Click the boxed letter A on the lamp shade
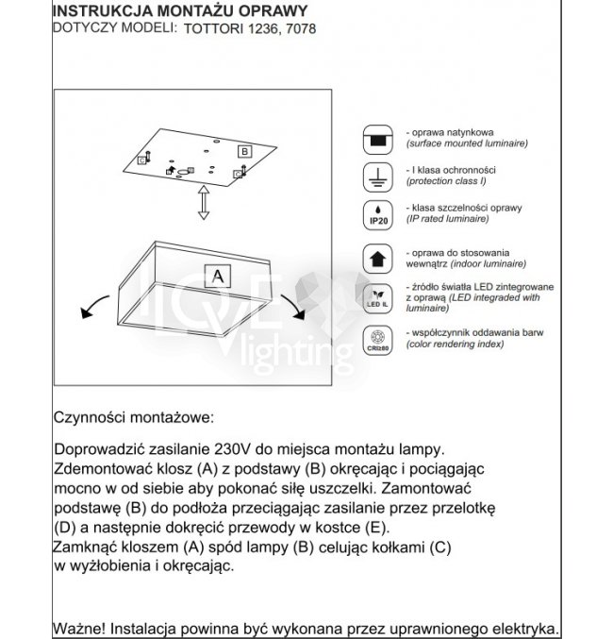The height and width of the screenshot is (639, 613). click(x=218, y=276)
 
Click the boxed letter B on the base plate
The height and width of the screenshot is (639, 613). click(x=243, y=151)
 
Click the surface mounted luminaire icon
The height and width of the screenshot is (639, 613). click(x=378, y=139)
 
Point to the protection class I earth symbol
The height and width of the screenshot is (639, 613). click(x=378, y=177)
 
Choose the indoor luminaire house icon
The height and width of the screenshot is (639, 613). click(x=378, y=258)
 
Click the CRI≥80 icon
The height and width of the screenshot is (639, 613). click(x=378, y=338)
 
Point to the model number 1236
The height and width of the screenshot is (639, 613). click(x=264, y=28)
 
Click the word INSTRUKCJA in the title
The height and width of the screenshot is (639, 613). click(x=98, y=9)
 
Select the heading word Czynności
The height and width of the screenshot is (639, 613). click(x=90, y=416)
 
